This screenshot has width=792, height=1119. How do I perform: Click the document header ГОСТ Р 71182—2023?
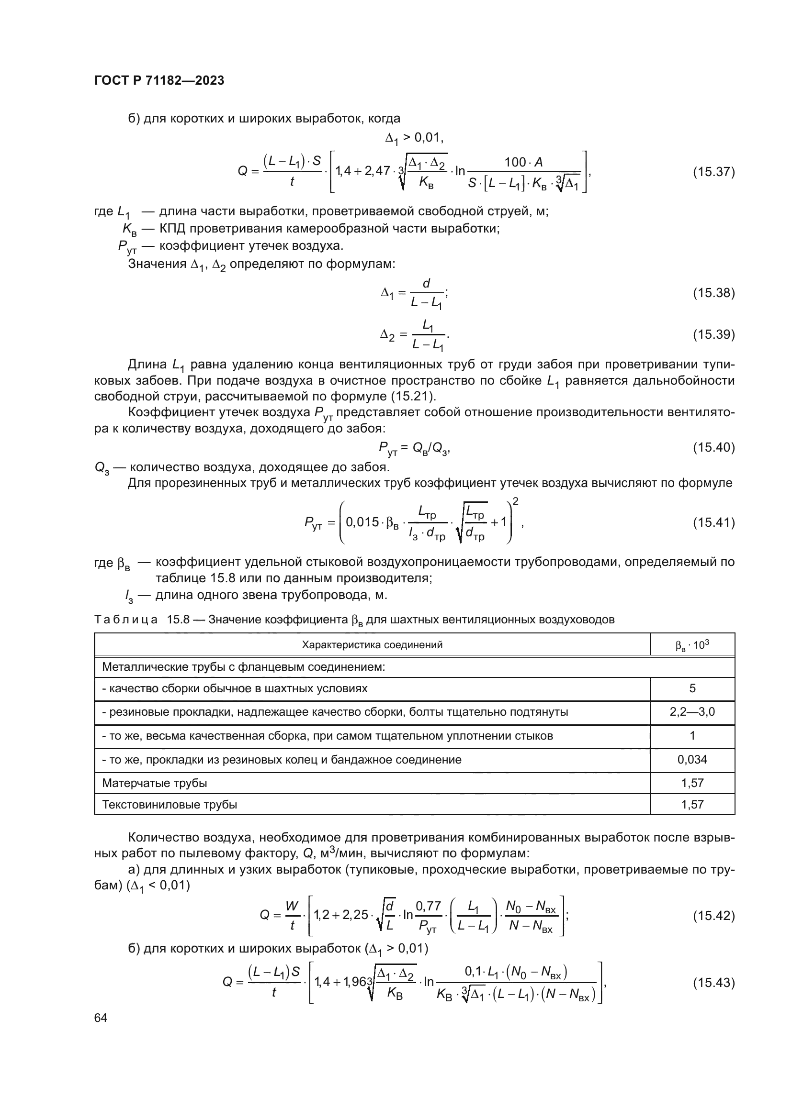click(x=159, y=80)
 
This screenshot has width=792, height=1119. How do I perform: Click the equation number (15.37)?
click(x=713, y=172)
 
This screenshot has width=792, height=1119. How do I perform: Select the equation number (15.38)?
click(x=713, y=293)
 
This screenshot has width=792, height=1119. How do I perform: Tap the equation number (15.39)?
click(x=713, y=334)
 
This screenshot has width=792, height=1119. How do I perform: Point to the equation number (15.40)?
click(x=713, y=447)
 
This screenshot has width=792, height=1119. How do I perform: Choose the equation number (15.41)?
click(x=713, y=522)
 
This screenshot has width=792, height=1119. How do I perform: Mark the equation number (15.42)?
click(x=713, y=916)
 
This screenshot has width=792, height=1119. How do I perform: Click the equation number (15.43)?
click(x=713, y=983)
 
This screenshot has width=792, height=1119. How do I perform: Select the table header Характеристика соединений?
click(x=372, y=645)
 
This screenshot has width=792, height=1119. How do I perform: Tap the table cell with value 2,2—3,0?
click(x=692, y=712)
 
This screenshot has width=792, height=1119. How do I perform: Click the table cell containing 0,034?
click(x=692, y=759)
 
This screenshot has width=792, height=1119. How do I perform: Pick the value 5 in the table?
click(x=692, y=688)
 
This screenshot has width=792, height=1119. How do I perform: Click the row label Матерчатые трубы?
click(x=155, y=783)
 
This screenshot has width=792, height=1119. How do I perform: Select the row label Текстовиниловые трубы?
click(x=169, y=805)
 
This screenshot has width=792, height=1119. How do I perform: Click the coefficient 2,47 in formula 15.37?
click(x=376, y=171)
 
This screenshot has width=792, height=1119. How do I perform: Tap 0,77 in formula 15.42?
click(x=428, y=906)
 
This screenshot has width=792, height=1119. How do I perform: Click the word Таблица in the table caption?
click(x=126, y=620)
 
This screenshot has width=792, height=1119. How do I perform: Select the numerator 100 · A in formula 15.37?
click(x=523, y=162)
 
